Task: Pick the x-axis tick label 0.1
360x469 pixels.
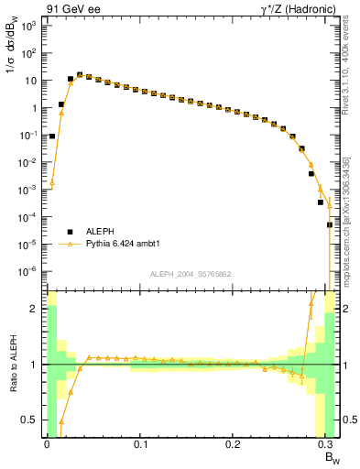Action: click(x=140, y=443)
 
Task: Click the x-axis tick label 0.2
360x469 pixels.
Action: click(x=234, y=443)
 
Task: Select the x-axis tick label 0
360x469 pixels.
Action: click(x=47, y=443)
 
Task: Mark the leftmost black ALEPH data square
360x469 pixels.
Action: click(x=52, y=136)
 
